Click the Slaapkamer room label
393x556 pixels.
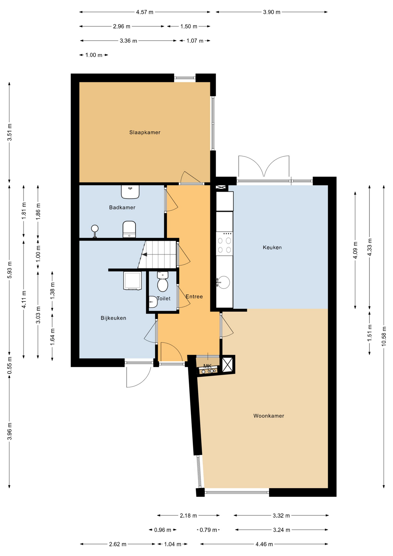point(145,132)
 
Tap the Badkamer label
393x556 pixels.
point(122,207)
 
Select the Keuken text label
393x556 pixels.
point(272,247)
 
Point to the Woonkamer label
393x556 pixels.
point(269,416)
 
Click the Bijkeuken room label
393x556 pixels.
point(113,318)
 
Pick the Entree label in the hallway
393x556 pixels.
point(194,297)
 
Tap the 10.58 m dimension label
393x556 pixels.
point(384,336)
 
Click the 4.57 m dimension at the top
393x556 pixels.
point(145,12)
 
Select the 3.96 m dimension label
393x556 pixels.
point(10,431)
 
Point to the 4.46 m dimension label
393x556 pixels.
point(264,544)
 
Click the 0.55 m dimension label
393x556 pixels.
point(10,368)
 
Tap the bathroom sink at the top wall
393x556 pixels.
point(130,192)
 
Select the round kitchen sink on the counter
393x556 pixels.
point(223,282)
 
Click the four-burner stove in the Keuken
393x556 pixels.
point(224,244)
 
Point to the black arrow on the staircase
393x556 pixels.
point(144,255)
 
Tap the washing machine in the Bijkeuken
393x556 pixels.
point(133,281)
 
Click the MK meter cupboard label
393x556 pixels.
point(207,366)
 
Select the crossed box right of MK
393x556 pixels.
point(227,364)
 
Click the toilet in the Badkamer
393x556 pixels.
point(129,229)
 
